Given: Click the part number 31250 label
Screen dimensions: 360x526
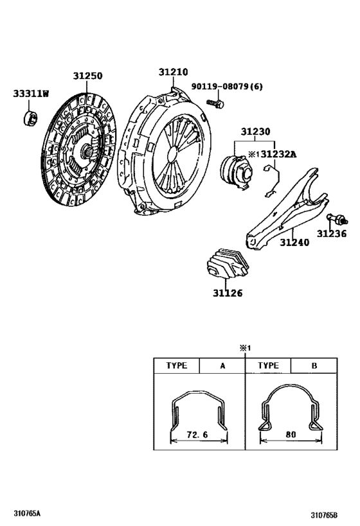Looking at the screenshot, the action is pyautogui.click(x=87, y=76).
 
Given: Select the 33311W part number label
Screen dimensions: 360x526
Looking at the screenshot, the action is pyautogui.click(x=31, y=93).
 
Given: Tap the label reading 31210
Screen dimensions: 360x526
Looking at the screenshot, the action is pyautogui.click(x=174, y=72).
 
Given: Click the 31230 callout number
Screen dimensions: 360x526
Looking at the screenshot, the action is pyautogui.click(x=255, y=132).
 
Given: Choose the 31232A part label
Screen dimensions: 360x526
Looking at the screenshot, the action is pyautogui.click(x=278, y=154).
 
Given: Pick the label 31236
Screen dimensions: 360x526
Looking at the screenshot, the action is pyautogui.click(x=332, y=234).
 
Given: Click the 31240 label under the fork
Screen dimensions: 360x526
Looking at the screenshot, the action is pyautogui.click(x=294, y=242).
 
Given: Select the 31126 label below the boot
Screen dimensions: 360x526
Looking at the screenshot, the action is pyautogui.click(x=228, y=294).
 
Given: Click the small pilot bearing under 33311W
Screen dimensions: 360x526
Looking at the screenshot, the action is pyautogui.click(x=30, y=118).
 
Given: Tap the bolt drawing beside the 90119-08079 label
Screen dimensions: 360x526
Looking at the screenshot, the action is pyautogui.click(x=215, y=103).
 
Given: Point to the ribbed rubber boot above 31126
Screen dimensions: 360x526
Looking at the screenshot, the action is pyautogui.click(x=228, y=264).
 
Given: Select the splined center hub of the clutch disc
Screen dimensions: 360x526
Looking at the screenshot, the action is pyautogui.click(x=87, y=152).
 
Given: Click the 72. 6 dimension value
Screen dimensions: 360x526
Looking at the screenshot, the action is pyautogui.click(x=197, y=435).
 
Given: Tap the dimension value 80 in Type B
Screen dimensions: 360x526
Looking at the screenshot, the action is pyautogui.click(x=291, y=435).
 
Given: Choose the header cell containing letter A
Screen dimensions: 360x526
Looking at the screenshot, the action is pyautogui.click(x=222, y=365).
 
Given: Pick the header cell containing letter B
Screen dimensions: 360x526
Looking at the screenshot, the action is pyautogui.click(x=314, y=365).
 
